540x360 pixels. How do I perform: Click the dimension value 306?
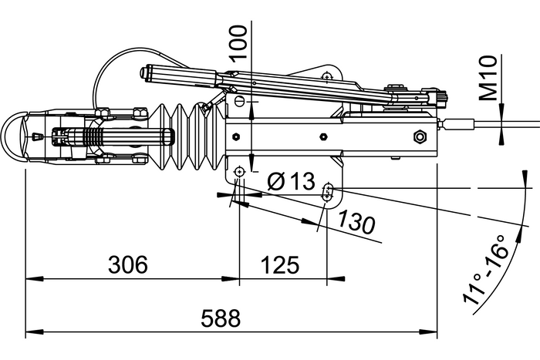point(127,265)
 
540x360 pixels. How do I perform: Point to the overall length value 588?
point(221,318)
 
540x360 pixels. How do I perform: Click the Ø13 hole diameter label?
point(291,182)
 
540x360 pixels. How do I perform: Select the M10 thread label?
point(486,80)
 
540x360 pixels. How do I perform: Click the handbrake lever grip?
point(177,75)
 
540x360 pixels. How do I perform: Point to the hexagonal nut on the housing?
point(420,137)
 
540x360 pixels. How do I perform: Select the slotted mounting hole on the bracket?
point(329,191)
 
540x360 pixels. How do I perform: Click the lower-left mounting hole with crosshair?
point(240,171)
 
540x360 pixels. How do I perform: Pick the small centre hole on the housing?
point(323,137)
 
